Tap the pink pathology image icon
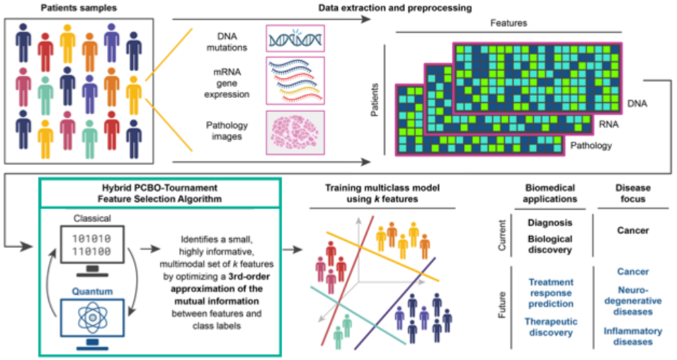[x=294, y=132]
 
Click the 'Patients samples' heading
[x=79, y=8]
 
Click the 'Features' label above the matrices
[x=509, y=23]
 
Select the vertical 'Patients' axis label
[x=374, y=100]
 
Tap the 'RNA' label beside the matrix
[x=608, y=124]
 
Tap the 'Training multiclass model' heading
[x=382, y=188]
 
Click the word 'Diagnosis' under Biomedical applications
[x=550, y=223]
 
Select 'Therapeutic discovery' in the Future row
[x=550, y=326]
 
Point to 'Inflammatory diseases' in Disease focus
[x=632, y=336]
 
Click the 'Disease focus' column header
[x=632, y=193]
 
